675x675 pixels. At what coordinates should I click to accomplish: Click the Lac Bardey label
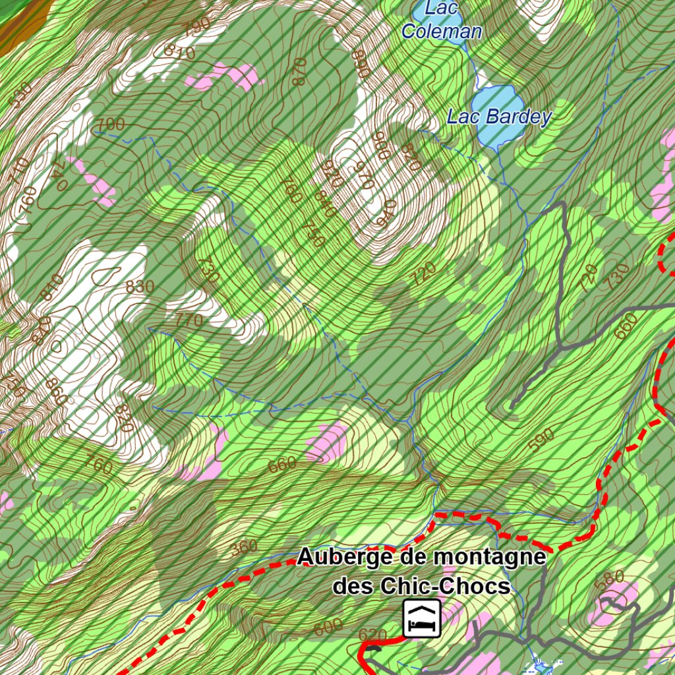pos(499,117)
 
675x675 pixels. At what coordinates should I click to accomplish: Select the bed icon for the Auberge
pos(422,619)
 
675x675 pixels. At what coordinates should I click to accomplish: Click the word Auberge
pos(345,557)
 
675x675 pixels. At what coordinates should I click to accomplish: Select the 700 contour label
pos(110,124)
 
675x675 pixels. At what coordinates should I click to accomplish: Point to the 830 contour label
pos(140,287)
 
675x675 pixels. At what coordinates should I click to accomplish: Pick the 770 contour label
pos(189,321)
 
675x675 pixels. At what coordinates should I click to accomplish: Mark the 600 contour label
pos(328,628)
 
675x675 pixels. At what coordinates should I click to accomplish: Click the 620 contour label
pos(372,634)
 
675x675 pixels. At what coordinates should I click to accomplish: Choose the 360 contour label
pos(244,547)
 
